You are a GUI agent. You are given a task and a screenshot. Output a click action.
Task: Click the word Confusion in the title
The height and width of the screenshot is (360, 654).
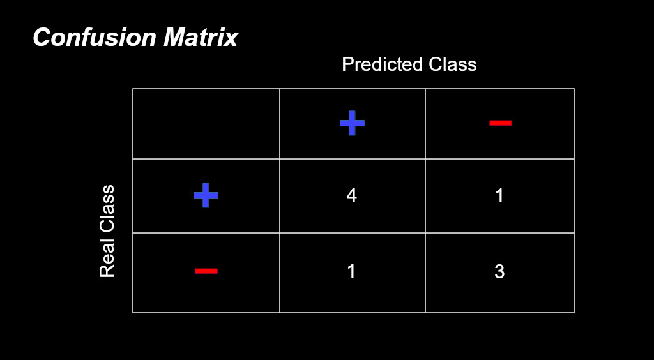[95, 38]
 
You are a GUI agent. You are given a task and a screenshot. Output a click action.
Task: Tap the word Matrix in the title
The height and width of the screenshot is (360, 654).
[201, 38]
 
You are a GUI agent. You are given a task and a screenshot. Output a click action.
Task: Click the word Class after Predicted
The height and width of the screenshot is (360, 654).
[446, 64]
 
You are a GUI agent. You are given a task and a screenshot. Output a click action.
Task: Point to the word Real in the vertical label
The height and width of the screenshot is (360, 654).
[107, 261]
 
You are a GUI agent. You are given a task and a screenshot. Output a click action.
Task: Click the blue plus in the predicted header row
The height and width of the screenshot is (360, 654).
[352, 123]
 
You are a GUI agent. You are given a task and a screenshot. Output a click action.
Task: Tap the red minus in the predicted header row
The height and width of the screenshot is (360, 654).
[501, 123]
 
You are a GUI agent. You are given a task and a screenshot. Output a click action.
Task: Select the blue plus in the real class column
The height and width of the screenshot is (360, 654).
[206, 195]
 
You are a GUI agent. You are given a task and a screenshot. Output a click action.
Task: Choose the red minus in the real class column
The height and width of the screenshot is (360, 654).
[206, 271]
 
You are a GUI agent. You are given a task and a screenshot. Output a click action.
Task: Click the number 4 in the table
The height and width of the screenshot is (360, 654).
[352, 195]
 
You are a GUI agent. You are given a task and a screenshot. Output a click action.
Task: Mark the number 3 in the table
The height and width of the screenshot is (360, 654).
[499, 271]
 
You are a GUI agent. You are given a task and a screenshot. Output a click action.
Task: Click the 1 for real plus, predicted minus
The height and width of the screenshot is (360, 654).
[499, 195]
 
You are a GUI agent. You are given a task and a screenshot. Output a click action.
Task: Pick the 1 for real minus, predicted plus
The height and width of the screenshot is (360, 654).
[351, 271]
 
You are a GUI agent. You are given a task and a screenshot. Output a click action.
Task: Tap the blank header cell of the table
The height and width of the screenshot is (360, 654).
[206, 123]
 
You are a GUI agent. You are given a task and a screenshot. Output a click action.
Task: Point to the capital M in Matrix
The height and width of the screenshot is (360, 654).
[174, 38]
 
